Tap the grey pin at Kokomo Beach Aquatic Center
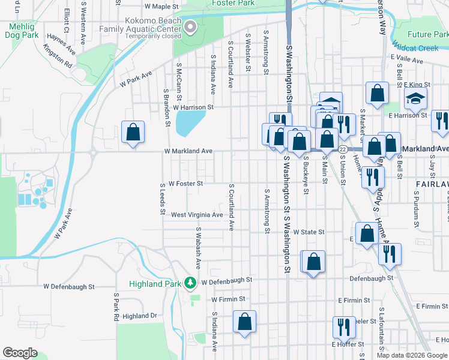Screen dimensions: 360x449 pos(190,26)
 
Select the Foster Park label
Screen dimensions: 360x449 pos(232,3)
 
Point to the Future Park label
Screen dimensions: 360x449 pos(427,35)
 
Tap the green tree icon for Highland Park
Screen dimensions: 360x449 pos(190,281)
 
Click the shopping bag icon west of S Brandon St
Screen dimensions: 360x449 pos(133,133)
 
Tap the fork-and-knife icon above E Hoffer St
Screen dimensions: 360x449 pos(344,327)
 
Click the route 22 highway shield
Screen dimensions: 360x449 pos(342,149)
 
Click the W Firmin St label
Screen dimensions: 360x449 pos(228,298)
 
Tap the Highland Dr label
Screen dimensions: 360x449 pos(139,316)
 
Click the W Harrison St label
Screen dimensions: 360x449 pos(193,107)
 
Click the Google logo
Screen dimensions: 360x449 pos(20,353)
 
